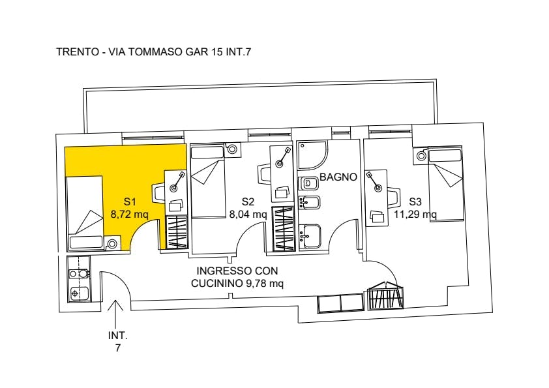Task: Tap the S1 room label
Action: click(130, 201)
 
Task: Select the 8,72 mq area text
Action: click(129, 214)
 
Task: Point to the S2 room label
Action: click(248, 201)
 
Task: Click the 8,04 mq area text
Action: click(248, 214)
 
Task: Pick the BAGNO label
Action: click(338, 177)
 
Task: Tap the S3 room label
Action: click(415, 201)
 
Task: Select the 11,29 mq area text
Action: click(415, 214)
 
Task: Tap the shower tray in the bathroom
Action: click(312, 156)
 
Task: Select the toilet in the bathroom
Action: click(308, 183)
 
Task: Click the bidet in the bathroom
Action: click(309, 202)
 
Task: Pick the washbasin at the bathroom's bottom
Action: click(310, 236)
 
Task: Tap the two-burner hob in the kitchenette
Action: click(79, 273)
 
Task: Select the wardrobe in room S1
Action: click(177, 233)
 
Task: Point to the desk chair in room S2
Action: click(263, 174)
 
